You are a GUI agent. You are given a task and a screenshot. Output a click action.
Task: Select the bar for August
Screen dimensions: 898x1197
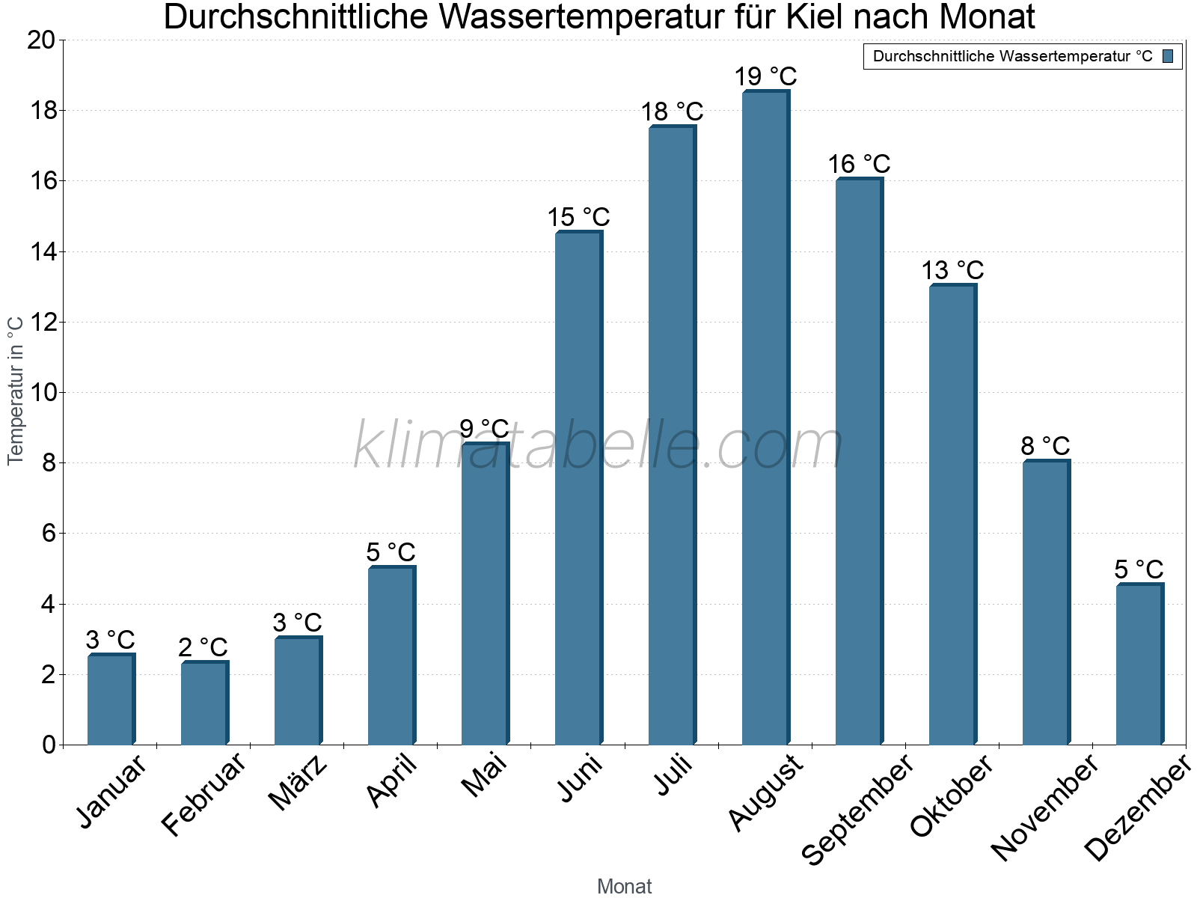click(765, 419)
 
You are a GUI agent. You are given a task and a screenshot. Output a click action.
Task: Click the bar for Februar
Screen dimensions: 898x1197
click(204, 703)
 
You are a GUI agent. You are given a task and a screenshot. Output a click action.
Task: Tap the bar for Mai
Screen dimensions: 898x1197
click(485, 595)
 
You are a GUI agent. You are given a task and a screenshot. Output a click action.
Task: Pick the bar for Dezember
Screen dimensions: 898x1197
click(1139, 665)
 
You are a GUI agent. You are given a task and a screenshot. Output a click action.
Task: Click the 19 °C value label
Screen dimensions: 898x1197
click(765, 76)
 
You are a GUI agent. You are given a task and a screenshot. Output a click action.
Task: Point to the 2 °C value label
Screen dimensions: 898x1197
click(203, 647)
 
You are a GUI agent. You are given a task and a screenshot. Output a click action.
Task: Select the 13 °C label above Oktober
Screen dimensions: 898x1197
click(952, 270)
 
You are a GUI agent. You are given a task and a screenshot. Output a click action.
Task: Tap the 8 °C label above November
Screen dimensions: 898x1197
click(1045, 446)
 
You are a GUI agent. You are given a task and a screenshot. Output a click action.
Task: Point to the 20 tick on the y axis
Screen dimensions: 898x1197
click(41, 40)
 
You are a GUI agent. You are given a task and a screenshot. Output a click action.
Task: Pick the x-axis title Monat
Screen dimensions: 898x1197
click(624, 886)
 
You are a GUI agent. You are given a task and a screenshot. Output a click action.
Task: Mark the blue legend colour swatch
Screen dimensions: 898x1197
click(1168, 56)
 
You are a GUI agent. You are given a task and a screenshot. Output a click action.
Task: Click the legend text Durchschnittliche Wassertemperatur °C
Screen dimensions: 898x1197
click(1012, 56)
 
